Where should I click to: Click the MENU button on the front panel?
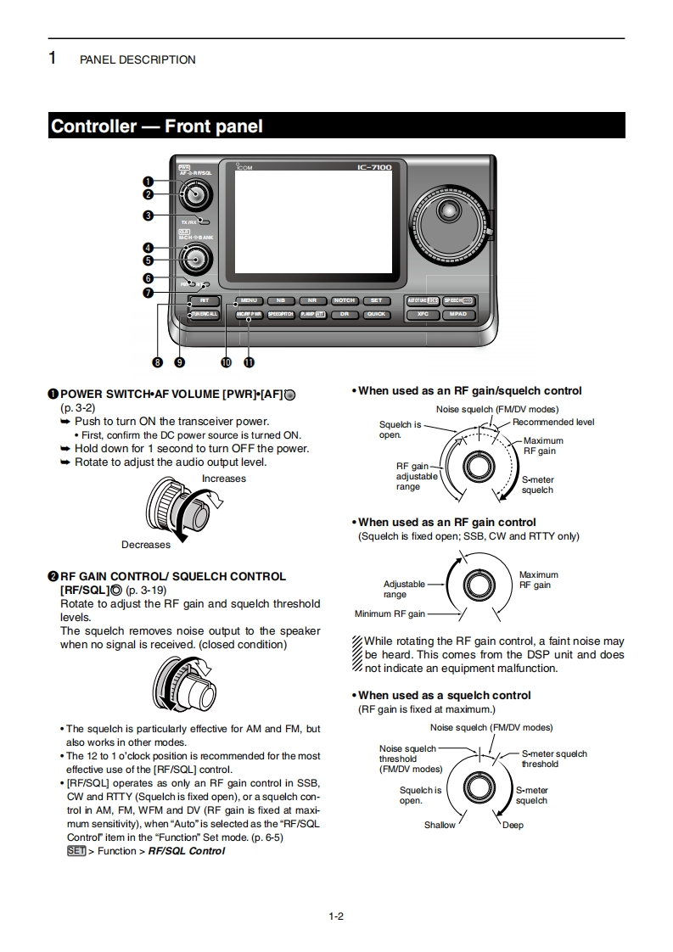(249, 300)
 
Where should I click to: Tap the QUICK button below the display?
(376, 314)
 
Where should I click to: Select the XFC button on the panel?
(423, 314)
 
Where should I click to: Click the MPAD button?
(457, 314)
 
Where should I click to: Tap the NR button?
(311, 300)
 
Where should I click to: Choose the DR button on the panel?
(345, 314)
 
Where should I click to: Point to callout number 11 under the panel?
(249, 362)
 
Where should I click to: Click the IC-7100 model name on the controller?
(374, 167)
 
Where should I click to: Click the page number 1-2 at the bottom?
(335, 916)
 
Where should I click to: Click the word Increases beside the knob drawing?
(224, 479)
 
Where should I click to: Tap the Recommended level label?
(552, 422)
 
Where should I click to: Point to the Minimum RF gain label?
(390, 613)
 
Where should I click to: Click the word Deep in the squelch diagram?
(513, 825)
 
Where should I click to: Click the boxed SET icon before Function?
(76, 851)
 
